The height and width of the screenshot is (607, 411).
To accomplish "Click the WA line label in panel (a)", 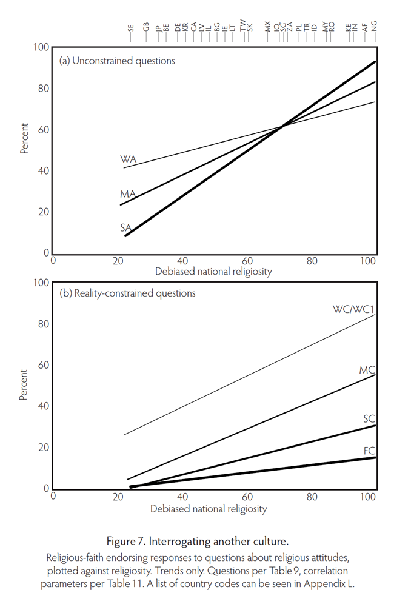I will [x=128, y=159].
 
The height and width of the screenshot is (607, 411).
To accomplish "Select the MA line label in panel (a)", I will [x=127, y=194].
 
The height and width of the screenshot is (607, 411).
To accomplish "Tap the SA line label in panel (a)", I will [x=126, y=227].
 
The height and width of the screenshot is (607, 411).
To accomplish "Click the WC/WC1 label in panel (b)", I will [x=354, y=309].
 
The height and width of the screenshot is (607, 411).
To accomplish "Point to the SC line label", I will [x=369, y=419].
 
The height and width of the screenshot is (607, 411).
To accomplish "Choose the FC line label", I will [x=369, y=451].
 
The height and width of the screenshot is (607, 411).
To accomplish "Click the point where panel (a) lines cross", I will [x=282, y=125].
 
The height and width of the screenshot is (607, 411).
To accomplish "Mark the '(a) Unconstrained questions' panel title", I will [x=117, y=61].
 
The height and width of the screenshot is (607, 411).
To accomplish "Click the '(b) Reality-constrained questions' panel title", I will [x=127, y=293].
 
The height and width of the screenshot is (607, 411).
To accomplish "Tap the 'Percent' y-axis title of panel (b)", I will [x=25, y=385].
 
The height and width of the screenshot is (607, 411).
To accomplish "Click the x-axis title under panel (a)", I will [x=213, y=272].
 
